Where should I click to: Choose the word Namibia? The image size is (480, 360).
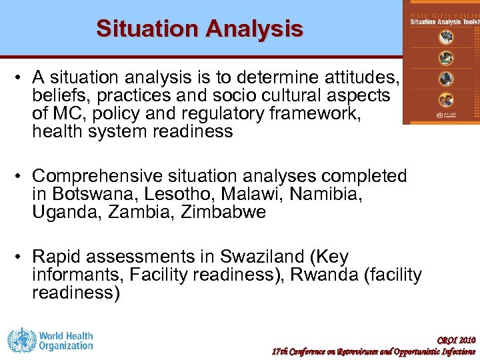[x=328, y=195]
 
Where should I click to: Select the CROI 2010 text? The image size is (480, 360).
[x=456, y=340]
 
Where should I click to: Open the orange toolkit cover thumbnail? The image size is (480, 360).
[x=441, y=62]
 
